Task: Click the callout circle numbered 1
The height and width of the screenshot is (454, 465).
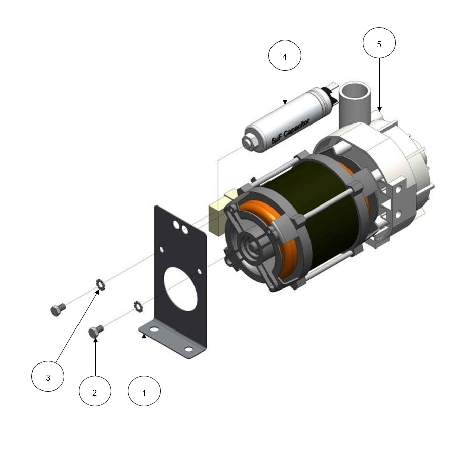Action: pos(144,391)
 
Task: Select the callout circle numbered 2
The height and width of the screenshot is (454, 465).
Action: pos(95,391)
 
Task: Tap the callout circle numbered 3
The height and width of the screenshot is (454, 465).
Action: pos(48,376)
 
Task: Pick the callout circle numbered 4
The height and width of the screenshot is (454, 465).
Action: pos(285,55)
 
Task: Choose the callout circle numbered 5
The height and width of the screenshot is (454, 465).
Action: pos(379,43)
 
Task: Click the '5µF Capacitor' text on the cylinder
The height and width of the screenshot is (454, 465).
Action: pos(291,132)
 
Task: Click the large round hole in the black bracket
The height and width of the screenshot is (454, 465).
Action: pos(181,288)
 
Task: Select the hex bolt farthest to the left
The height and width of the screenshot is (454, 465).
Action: pos(58,309)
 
